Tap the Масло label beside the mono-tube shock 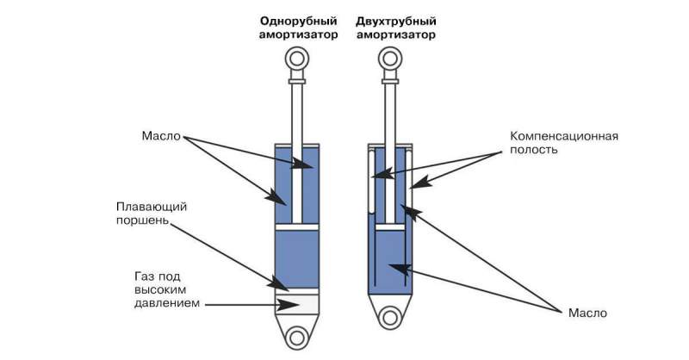coord(161,136)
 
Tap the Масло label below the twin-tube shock coord(587,313)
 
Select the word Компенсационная coord(564,136)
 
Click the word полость coord(534,150)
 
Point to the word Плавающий coord(152,207)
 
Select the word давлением coord(167,303)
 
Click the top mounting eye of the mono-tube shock coord(297,59)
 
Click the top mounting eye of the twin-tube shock coord(390,59)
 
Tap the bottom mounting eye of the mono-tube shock coord(297,338)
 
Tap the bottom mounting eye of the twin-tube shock coord(390,318)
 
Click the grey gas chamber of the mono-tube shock coord(297,304)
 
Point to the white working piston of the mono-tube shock coord(297,227)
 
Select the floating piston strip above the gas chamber coord(297,291)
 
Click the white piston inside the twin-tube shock coord(390,227)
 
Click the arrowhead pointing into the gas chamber coord(290,305)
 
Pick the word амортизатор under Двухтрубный coord(396,35)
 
